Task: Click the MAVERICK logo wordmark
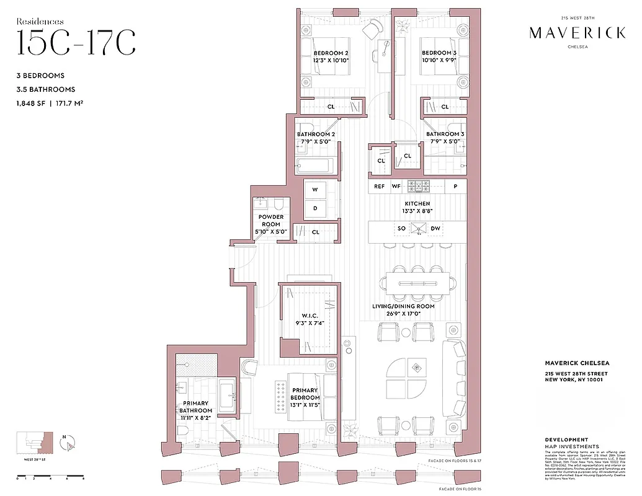click(577, 33)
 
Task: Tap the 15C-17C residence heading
click(76, 42)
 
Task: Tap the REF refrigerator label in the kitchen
click(379, 186)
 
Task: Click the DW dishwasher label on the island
click(435, 229)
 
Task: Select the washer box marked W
click(315, 189)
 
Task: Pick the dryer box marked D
click(315, 208)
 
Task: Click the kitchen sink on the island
click(418, 229)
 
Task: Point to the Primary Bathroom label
click(196, 407)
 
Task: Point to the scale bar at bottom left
click(50, 476)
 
